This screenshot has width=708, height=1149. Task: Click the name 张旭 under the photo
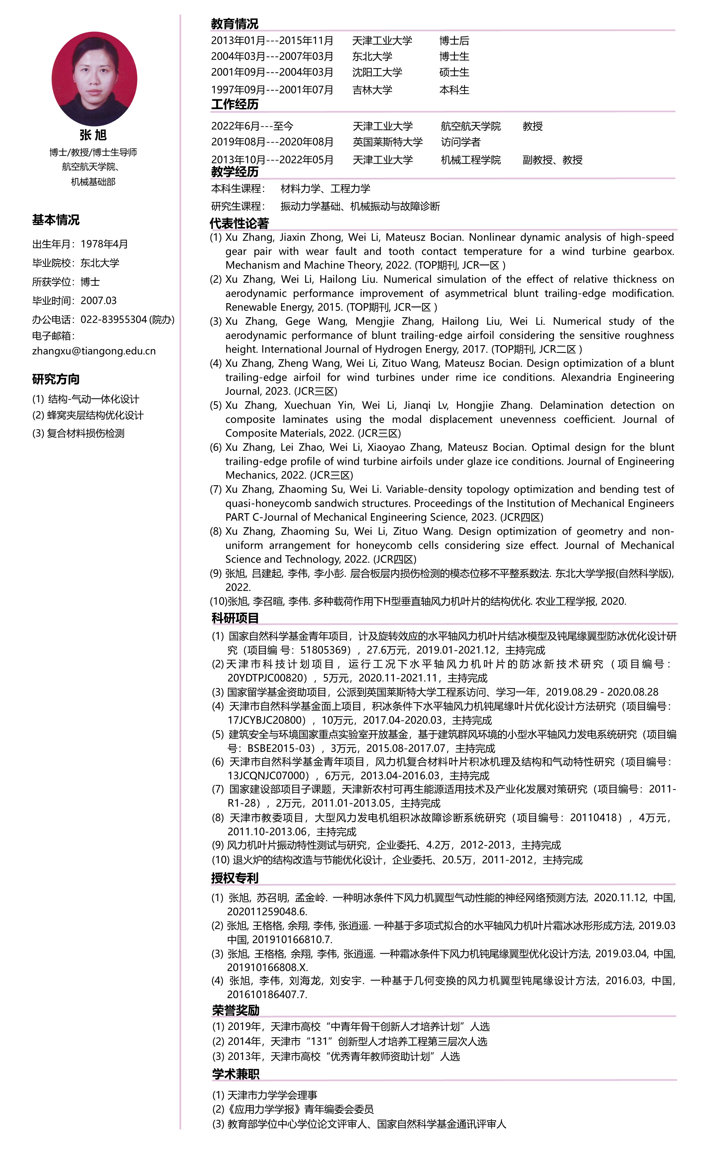click(x=93, y=135)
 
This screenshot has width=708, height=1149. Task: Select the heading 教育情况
click(x=235, y=23)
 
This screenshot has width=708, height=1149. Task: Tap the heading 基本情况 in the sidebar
click(x=56, y=220)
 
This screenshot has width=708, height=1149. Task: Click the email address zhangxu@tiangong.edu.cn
click(x=94, y=351)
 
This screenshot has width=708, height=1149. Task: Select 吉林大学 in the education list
click(x=372, y=90)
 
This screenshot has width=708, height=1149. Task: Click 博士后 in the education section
click(x=454, y=41)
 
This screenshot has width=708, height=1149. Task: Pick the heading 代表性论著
click(x=239, y=224)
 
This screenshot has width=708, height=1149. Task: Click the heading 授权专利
click(x=235, y=878)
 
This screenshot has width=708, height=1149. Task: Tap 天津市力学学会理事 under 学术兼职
click(x=272, y=1095)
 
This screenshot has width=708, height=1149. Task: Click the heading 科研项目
click(x=235, y=618)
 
